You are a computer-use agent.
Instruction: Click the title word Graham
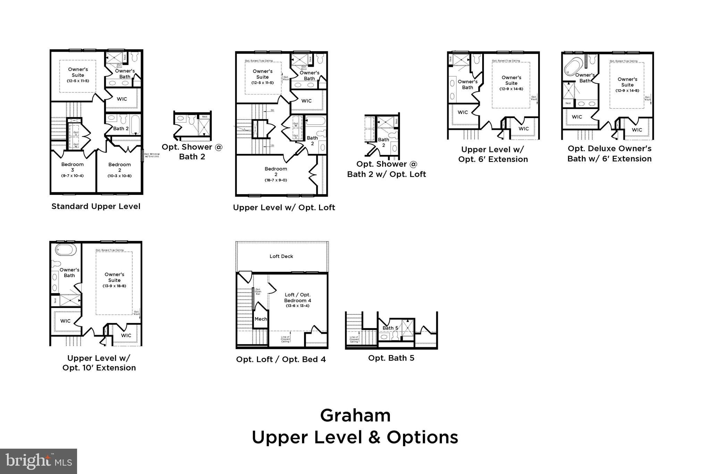click(x=355, y=415)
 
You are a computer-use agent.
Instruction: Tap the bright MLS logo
click(x=39, y=461)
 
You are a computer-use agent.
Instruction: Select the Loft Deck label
click(x=281, y=256)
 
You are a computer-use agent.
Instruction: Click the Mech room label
click(x=261, y=319)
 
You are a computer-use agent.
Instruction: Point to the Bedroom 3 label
click(x=73, y=167)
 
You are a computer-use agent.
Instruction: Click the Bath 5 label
click(x=390, y=328)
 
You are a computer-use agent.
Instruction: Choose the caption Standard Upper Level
click(x=96, y=206)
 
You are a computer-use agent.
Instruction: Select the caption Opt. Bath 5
click(x=391, y=358)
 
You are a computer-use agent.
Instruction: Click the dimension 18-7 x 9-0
click(x=276, y=180)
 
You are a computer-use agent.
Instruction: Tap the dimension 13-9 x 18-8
click(x=114, y=286)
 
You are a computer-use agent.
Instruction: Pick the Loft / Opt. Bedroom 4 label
click(x=298, y=298)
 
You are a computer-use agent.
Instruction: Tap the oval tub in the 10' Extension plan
click(x=66, y=250)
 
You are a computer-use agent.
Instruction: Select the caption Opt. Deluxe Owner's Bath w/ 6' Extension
click(x=609, y=153)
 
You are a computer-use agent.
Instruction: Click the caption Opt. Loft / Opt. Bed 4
click(x=281, y=359)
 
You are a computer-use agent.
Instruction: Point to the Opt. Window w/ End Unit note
click(x=152, y=155)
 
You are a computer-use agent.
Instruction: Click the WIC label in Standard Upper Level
click(x=122, y=99)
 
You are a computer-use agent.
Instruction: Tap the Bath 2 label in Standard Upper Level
click(x=120, y=128)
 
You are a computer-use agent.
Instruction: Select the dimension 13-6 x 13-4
click(x=298, y=306)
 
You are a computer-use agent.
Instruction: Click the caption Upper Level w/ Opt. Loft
click(x=284, y=208)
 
